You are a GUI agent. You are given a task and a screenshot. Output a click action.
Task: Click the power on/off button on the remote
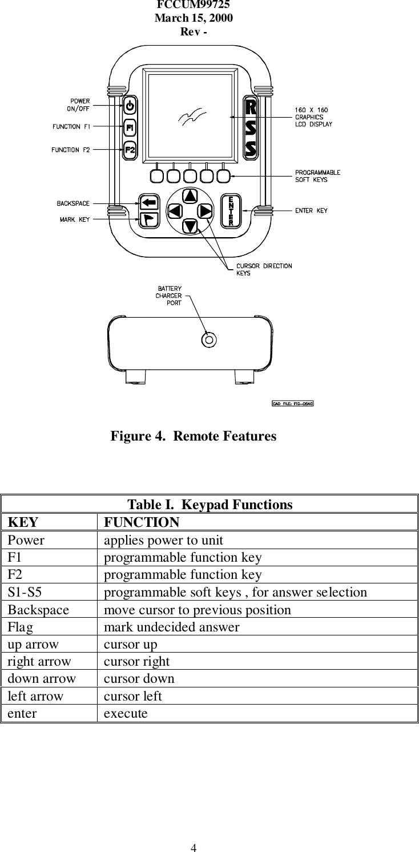(x=130, y=106)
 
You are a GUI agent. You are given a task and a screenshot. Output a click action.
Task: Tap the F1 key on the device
(x=130, y=127)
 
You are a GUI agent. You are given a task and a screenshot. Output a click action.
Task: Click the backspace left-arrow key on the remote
(x=148, y=202)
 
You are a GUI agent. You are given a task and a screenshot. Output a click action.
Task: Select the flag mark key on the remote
(x=148, y=219)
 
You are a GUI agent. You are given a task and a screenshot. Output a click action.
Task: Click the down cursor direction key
(x=190, y=226)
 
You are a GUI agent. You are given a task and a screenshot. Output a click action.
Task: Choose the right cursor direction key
(x=205, y=211)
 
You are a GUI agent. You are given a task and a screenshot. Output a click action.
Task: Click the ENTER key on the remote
(x=231, y=210)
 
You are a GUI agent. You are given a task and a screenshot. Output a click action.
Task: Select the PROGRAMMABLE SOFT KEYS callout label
(x=317, y=175)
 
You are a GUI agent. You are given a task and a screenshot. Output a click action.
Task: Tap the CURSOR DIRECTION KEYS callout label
(x=264, y=269)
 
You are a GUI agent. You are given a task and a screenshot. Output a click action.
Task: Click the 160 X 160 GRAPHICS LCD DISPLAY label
(x=313, y=117)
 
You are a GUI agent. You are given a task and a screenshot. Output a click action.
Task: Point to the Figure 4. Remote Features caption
(x=193, y=437)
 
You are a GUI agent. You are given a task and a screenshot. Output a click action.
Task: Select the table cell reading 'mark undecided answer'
(x=171, y=627)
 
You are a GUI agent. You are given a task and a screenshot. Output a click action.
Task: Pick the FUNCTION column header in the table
(x=142, y=522)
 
